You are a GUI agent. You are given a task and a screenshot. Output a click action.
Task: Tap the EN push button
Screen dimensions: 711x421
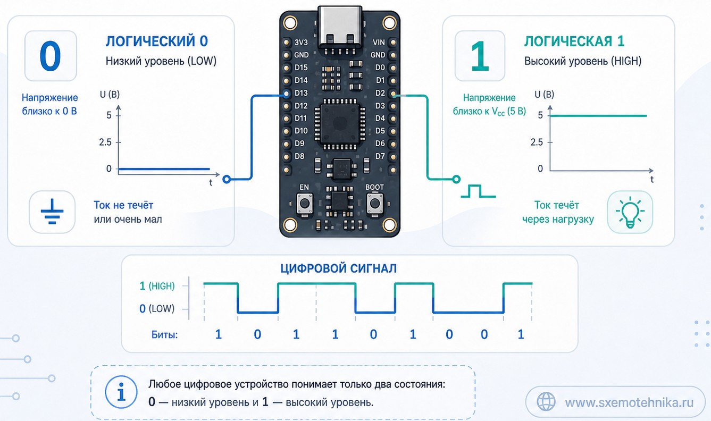[305, 203]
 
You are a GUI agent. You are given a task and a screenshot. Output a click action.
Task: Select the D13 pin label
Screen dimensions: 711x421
[301, 93]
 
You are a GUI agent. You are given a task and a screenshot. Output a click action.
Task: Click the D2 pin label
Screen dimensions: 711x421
[380, 93]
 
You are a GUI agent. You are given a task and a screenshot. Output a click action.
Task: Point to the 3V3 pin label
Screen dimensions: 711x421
[301, 42]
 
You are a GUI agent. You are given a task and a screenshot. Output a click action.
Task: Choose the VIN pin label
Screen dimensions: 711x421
[379, 42]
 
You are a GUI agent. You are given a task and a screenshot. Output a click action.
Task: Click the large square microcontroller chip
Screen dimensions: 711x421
[340, 124]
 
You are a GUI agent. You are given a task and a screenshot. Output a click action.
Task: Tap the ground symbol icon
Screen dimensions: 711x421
[52, 212]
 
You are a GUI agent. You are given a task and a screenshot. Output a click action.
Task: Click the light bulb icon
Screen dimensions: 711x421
[630, 212]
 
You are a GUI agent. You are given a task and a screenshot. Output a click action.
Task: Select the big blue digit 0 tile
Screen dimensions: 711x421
[51, 56]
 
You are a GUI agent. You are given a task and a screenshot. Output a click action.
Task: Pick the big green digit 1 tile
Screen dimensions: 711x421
[480, 56]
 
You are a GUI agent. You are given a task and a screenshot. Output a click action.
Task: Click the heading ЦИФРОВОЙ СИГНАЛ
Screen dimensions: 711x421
[338, 268]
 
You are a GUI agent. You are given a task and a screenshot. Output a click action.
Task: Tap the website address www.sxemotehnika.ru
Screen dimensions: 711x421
[629, 402]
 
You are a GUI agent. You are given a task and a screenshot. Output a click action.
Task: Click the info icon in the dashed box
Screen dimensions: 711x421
[121, 392]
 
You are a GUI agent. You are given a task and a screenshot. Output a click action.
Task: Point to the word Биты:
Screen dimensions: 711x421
[164, 334]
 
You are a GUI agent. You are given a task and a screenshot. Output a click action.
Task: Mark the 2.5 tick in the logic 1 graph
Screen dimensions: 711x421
[537, 142]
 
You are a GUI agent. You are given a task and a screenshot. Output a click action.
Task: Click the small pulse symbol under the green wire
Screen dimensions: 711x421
[478, 191]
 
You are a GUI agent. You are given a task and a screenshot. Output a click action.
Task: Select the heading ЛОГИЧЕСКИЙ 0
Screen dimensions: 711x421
[157, 41]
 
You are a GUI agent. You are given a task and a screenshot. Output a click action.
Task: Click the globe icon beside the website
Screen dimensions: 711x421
[546, 401]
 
